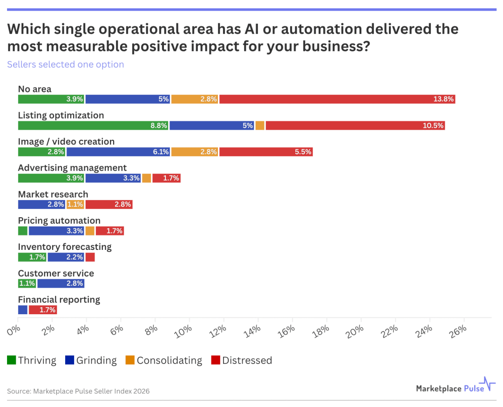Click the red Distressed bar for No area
point(337,99)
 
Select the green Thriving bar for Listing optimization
point(93,125)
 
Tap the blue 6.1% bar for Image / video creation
point(118,152)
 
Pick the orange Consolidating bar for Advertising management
point(146,178)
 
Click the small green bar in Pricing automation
point(23,231)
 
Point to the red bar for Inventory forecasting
point(90,257)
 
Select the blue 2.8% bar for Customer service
point(61,283)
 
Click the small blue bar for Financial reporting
point(23,310)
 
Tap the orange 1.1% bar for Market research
point(75,204)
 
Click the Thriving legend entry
point(32,360)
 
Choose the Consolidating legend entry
point(163,360)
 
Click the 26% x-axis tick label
point(458,330)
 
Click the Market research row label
point(53,194)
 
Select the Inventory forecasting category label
point(65,247)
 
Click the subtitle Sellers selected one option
point(65,64)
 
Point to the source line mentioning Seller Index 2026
point(78,391)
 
